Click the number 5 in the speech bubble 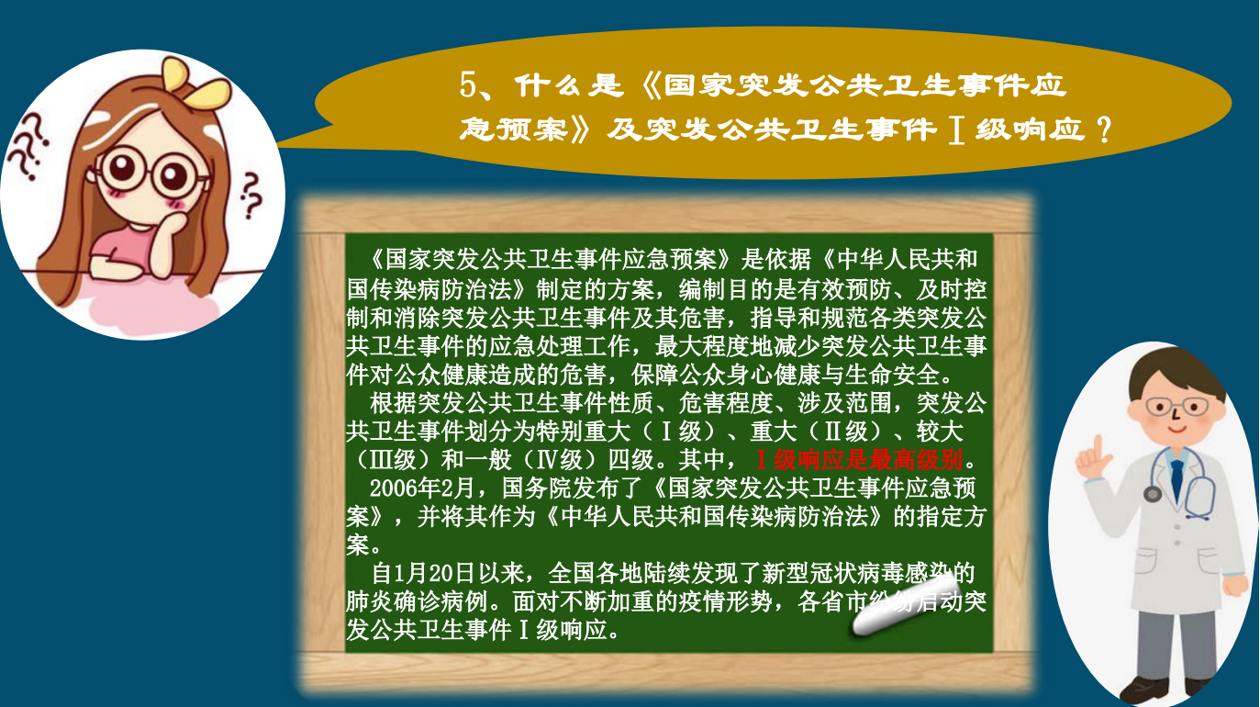coord(468,85)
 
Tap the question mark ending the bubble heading coord(1104,129)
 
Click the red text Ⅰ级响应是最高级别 coord(859,459)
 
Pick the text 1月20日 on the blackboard coord(433,573)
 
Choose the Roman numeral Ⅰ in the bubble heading coord(957,129)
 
